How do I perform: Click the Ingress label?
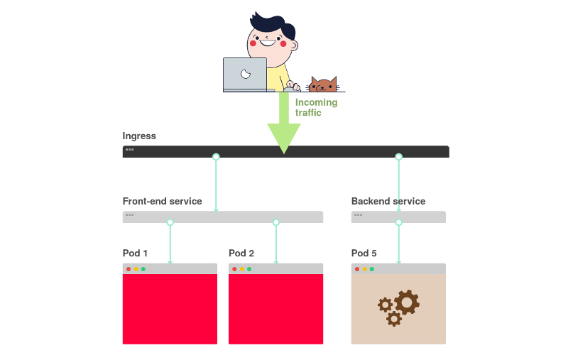pos(139,136)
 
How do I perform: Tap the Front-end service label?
pos(162,201)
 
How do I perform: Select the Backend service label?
pos(388,201)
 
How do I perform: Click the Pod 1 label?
pos(135,253)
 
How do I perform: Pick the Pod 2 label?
pos(241,253)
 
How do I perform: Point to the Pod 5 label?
pos(364,253)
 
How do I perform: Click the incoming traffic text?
pos(316,107)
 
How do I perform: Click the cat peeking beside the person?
pos(323,85)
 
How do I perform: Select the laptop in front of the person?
pos(245,74)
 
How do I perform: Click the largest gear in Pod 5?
pos(407,302)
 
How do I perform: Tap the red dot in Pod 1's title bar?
pos(129,269)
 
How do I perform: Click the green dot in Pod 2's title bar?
pos(249,269)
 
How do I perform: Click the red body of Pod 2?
pos(275,309)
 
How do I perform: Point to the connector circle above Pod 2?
pos(276,223)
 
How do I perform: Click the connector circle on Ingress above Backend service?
pos(398,157)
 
